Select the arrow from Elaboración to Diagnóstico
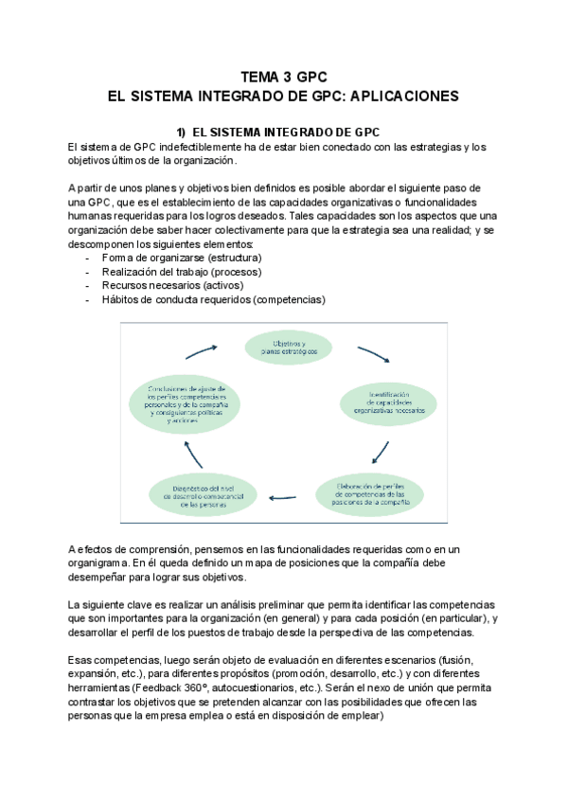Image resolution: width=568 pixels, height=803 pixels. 285,495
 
